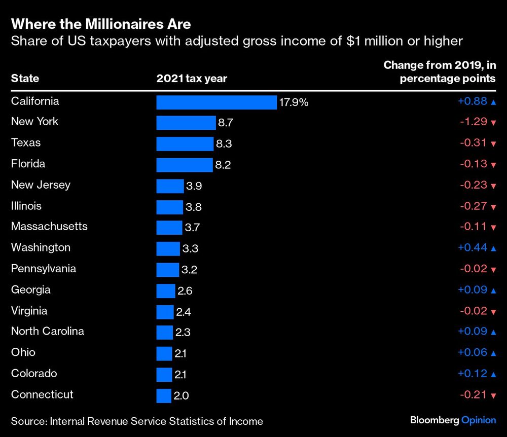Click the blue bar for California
[x=216, y=102]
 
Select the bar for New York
[x=186, y=123]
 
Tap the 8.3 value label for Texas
[x=224, y=144]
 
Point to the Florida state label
[x=28, y=164]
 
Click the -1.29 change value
[x=473, y=122]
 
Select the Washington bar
[x=168, y=249]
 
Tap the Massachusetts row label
[x=49, y=226]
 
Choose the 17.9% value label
[x=294, y=102]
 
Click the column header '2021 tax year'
[x=192, y=79]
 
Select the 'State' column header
[x=25, y=79]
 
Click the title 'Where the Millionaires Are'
[x=101, y=24]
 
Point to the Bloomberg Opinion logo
[x=453, y=420]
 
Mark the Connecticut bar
[x=164, y=396]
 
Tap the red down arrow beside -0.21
[x=493, y=395]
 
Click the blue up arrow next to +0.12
[x=493, y=374]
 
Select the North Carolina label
[x=48, y=332]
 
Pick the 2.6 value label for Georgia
[x=185, y=291]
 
